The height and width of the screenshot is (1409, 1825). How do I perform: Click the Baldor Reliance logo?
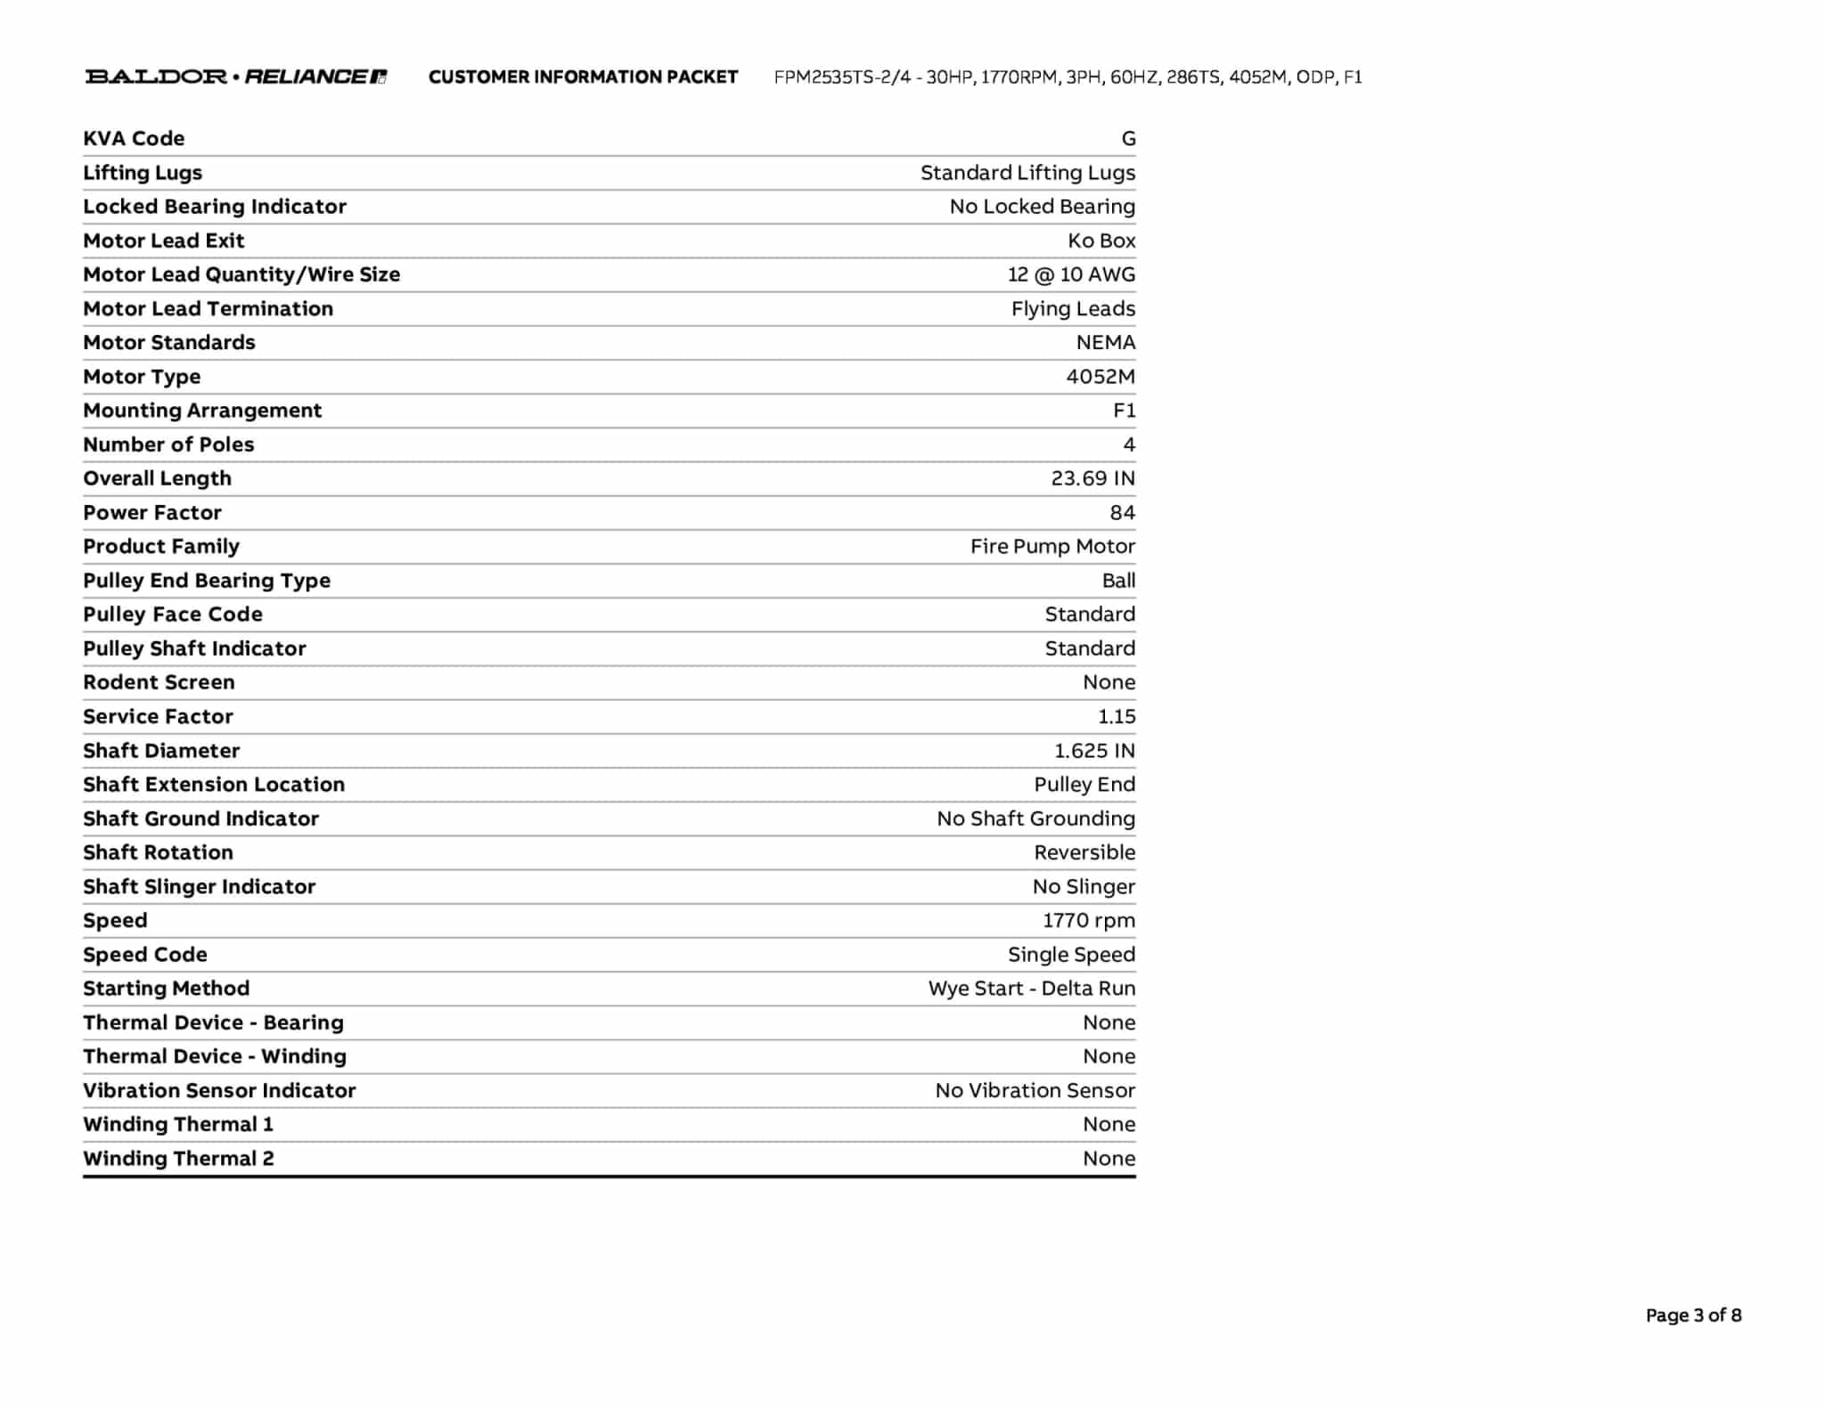click(235, 77)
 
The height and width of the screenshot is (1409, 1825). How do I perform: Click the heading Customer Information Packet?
click(583, 77)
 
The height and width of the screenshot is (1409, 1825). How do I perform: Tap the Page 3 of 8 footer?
click(1693, 1315)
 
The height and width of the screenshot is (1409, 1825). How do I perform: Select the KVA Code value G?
click(1128, 139)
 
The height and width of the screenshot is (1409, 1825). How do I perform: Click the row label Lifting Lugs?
click(143, 173)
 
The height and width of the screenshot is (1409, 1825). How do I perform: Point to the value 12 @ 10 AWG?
click(1071, 274)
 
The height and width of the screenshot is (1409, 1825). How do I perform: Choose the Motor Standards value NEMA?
click(1105, 343)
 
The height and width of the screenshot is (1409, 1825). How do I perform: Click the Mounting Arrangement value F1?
click(1124, 411)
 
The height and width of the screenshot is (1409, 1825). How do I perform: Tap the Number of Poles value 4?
click(1129, 444)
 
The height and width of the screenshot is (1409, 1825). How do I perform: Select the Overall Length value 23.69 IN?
click(1093, 478)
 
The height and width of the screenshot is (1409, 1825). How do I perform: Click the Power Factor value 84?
click(1122, 512)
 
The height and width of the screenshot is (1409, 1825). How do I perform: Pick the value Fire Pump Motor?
click(1052, 546)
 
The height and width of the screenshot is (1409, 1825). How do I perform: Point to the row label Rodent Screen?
click(159, 682)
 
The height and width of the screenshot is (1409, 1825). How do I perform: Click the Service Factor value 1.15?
click(1117, 716)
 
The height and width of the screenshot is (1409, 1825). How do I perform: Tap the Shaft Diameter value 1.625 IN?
click(1094, 751)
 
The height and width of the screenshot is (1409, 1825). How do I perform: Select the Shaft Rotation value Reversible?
click(1084, 852)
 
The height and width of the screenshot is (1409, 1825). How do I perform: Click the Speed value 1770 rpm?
click(1089, 920)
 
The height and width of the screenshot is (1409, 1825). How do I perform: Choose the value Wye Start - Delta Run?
click(1032, 989)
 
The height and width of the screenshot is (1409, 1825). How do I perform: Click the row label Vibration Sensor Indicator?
click(219, 1090)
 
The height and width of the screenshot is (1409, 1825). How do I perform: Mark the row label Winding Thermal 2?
click(178, 1159)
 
